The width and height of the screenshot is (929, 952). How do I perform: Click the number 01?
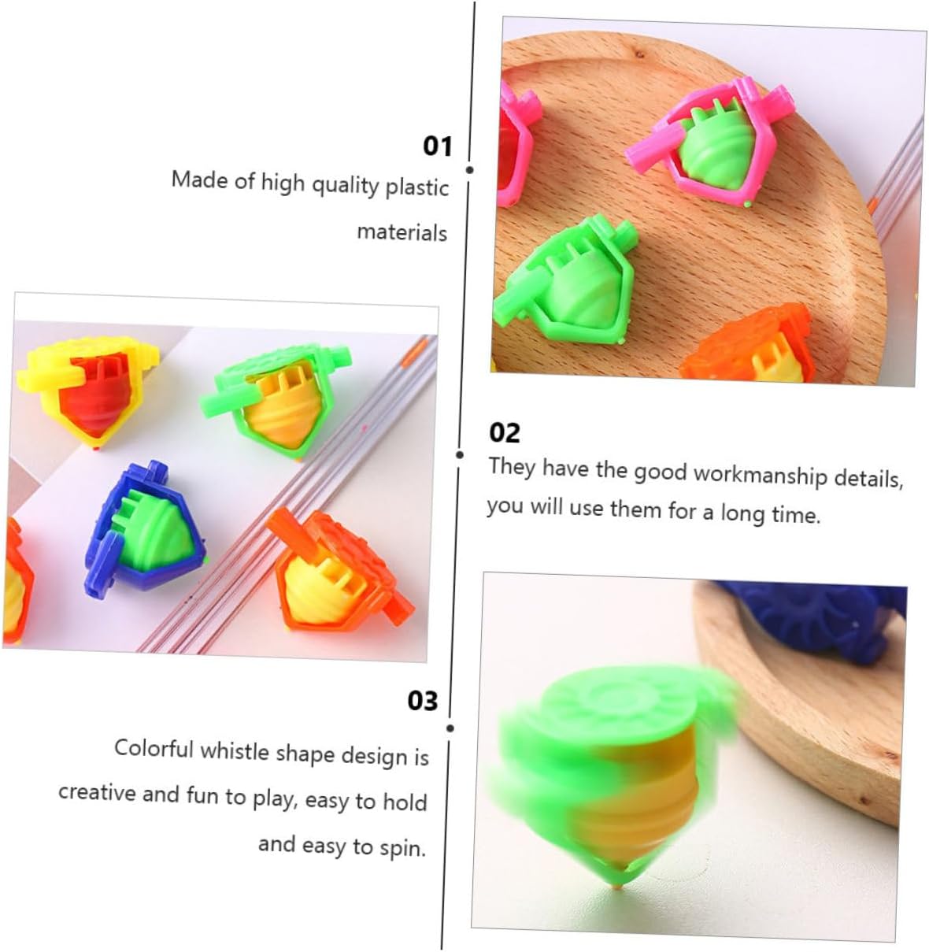(438, 146)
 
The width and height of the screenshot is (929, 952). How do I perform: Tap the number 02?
(505, 433)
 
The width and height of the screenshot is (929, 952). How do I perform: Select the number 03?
(423, 701)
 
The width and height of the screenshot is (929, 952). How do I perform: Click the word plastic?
(416, 188)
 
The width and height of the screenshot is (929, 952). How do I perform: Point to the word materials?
(402, 232)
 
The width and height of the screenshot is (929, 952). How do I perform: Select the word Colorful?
(154, 749)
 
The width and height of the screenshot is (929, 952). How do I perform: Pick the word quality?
(345, 186)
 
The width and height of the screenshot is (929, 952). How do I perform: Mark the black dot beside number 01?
(470, 170)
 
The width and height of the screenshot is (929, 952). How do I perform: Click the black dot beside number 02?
(459, 455)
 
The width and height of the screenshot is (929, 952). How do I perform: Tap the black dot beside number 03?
(450, 728)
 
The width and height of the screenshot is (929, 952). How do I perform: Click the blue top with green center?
(146, 528)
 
